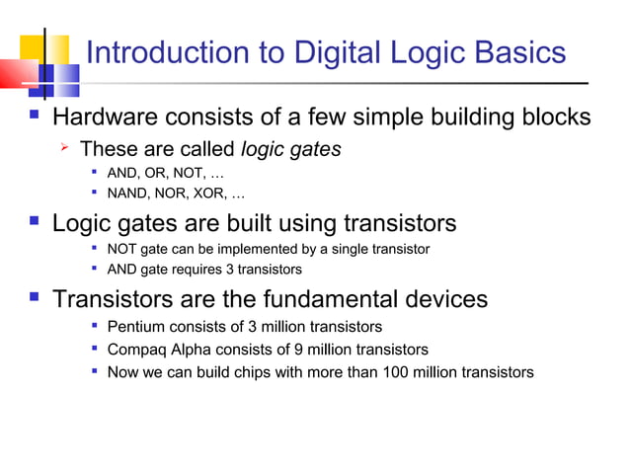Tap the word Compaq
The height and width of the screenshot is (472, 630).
137,350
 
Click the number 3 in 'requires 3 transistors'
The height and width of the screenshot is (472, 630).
219,269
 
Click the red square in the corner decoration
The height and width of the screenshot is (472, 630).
16,75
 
